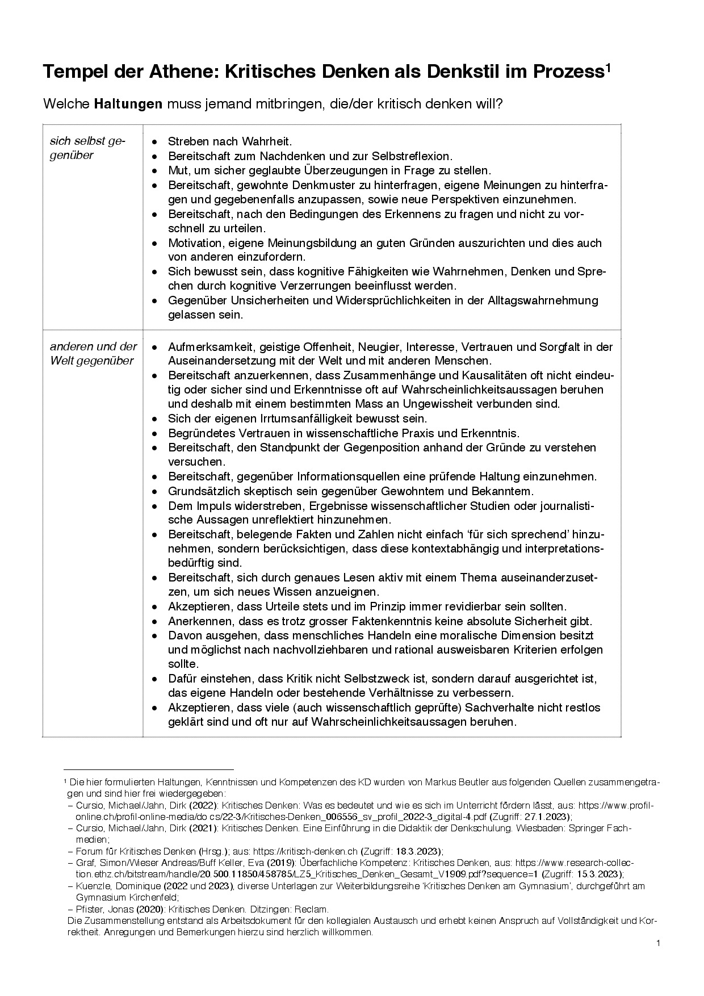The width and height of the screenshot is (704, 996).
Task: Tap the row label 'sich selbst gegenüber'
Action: (x=88, y=148)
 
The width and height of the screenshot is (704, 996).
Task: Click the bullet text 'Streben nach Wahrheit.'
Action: (x=229, y=141)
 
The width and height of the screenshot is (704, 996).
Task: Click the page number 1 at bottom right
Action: (x=658, y=943)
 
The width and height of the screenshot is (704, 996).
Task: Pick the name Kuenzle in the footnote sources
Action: (x=91, y=886)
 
